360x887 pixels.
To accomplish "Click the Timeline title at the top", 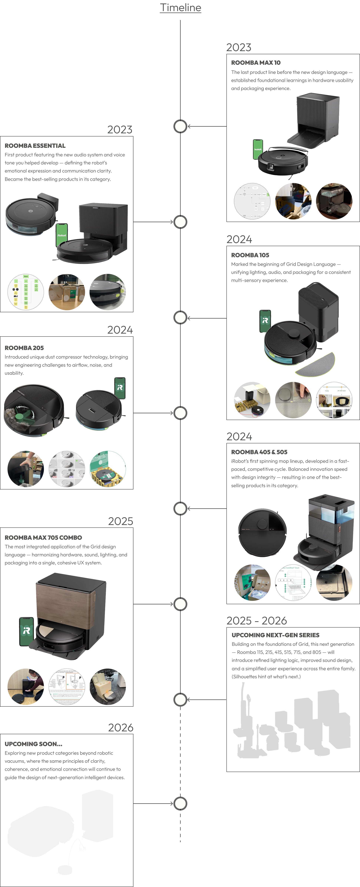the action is pos(180,8).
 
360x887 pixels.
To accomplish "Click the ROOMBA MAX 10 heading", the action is pos(256,63).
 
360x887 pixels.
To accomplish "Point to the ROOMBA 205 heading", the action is pos(24,348).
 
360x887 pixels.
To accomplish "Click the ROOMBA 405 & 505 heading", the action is pos(259,452).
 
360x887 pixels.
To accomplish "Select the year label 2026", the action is pos(121,728).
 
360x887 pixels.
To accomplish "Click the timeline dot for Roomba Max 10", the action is pos(180,126).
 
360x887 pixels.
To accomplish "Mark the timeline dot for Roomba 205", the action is pos(180,413).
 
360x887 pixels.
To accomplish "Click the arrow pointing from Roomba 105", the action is pos(207,318).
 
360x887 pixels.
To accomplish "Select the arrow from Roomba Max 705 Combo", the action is pos(153,604).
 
